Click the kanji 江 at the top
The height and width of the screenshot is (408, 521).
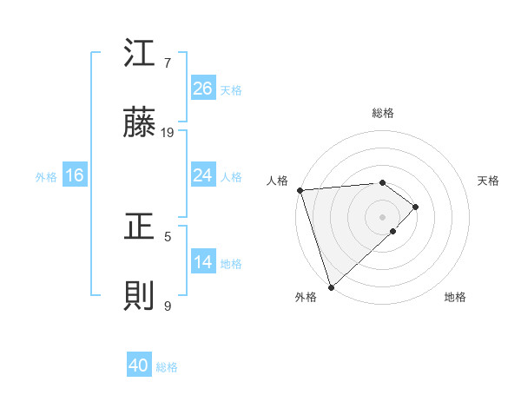(x=139, y=54)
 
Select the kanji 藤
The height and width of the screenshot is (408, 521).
(x=139, y=125)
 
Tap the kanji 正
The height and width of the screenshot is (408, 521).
(x=139, y=227)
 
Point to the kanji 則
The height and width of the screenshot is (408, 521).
(x=139, y=297)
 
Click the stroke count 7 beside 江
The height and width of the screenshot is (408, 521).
(x=168, y=63)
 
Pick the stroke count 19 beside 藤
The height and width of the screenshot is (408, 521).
(x=168, y=133)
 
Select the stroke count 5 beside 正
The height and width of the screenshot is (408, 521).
(x=168, y=235)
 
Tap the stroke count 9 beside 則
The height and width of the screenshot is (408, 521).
(x=168, y=306)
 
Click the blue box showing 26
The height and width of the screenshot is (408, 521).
(x=202, y=89)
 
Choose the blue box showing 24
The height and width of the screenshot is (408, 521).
(x=202, y=175)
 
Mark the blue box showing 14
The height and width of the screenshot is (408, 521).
(x=202, y=262)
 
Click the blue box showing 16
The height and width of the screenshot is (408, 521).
(x=75, y=175)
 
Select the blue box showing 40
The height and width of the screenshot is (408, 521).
(x=139, y=366)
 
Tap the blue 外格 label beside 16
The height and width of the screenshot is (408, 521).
(x=46, y=176)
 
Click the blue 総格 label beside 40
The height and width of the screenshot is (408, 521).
(x=167, y=367)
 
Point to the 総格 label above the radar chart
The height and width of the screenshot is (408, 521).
(x=382, y=113)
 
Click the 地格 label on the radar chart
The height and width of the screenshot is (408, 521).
(x=455, y=298)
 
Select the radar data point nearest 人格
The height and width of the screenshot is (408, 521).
(x=299, y=190)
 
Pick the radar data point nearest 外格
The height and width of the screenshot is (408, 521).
(x=331, y=286)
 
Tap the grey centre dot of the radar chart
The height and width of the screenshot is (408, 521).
(x=382, y=216)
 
